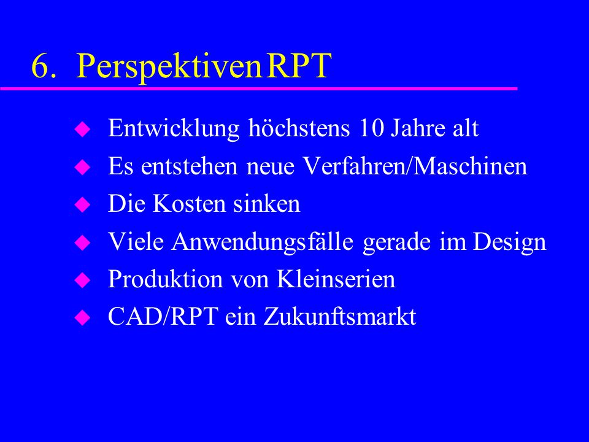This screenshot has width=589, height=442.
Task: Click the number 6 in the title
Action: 40,66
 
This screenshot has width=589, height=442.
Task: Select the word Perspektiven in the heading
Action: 169,67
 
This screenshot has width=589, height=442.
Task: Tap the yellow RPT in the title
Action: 299,66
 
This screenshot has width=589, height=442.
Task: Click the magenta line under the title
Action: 259,88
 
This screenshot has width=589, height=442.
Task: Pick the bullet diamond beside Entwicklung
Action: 82,129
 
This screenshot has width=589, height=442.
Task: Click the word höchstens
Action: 299,128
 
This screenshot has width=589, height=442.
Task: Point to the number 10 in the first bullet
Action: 372,128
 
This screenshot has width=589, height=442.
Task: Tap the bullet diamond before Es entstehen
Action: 82,167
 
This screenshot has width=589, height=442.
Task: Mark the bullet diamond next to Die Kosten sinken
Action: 82,205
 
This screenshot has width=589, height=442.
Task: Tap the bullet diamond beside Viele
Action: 82,243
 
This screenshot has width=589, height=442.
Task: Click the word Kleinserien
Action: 336,279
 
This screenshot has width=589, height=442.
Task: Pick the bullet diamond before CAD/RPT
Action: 82,318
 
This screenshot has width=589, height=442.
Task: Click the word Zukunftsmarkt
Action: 340,317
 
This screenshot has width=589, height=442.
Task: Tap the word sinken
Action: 267,204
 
